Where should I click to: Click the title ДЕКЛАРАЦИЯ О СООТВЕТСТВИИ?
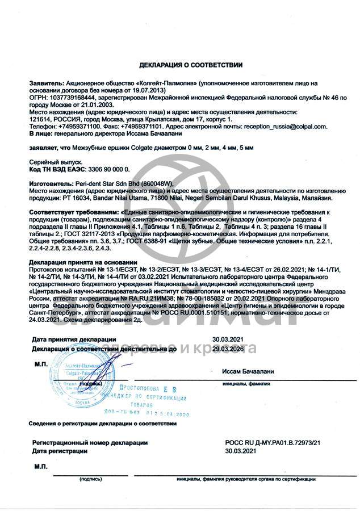(x=191, y=65)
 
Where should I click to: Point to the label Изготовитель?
(x=50, y=184)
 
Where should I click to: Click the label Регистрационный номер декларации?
(x=90, y=442)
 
